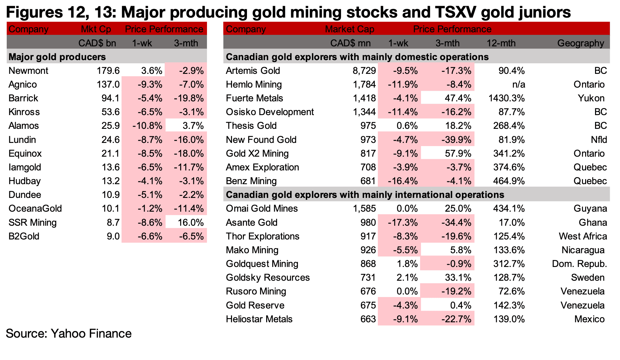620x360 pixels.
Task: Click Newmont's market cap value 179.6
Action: (x=108, y=71)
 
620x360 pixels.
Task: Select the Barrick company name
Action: (x=23, y=98)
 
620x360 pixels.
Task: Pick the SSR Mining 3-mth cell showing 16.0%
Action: (x=191, y=223)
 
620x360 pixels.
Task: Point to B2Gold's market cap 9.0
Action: (x=113, y=236)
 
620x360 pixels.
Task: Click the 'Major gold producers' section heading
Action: (x=57, y=57)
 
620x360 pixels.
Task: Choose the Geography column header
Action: (x=581, y=43)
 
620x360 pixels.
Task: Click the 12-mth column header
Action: (x=501, y=43)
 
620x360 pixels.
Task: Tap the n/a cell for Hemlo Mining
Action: (x=518, y=84)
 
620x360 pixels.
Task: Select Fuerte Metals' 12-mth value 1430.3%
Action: (x=506, y=98)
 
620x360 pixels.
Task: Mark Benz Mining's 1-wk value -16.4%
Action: (x=402, y=181)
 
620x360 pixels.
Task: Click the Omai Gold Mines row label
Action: (x=262, y=208)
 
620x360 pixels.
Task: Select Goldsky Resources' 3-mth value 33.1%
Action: (x=458, y=278)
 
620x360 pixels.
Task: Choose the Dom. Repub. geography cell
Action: (x=579, y=264)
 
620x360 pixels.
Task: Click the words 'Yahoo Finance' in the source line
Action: (x=91, y=333)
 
